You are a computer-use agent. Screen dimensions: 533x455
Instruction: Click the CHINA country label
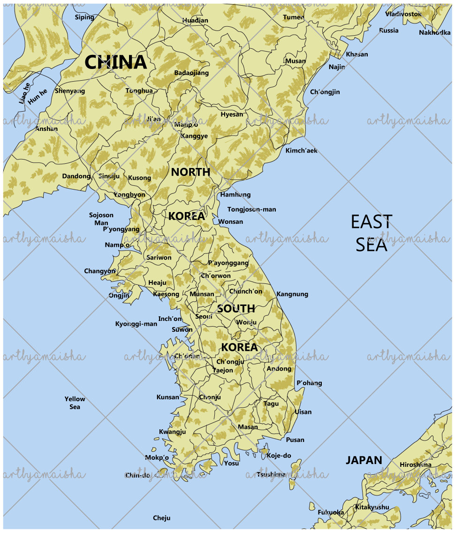pos(115,62)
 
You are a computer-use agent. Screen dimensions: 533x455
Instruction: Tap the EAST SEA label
pos(371,233)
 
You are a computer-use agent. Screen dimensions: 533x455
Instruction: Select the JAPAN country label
pos(364,460)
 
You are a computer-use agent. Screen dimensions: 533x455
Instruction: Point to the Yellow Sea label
pos(75,403)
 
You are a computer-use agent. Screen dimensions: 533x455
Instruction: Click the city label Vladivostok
pos(403,14)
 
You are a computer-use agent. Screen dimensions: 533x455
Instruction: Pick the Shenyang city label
pos(70,91)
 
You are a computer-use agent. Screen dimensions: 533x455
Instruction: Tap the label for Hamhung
pos(235,194)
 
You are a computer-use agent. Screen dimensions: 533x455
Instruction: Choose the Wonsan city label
pos(231,221)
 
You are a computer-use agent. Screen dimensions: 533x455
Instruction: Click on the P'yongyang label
pos(121,229)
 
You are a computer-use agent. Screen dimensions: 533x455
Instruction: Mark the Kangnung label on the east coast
pos(292,294)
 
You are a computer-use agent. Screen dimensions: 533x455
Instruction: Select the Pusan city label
pos(295,440)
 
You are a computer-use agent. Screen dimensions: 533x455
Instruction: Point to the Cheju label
pos(161,518)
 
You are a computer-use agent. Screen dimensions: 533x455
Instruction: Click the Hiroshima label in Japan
pos(416,464)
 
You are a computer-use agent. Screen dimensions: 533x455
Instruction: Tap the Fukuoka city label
pos(331,512)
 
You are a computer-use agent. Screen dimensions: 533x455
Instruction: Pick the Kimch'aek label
pos(301,151)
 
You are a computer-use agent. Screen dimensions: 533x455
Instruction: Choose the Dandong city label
pos(76,176)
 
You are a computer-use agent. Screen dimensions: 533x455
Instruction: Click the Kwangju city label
pos(172,432)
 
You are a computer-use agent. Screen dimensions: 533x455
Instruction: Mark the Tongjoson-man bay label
pos(252,209)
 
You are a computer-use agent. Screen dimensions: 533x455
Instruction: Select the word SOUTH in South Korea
pos(236,309)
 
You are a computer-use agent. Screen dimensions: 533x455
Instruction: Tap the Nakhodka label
pos(434,32)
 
